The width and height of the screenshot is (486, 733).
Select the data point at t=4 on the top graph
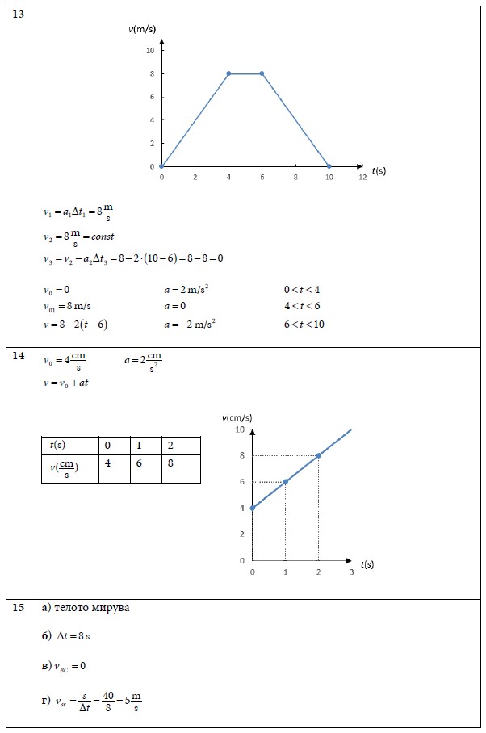point(228,73)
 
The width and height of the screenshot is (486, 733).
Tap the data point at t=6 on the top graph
point(262,73)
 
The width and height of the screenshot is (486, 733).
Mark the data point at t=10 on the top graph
point(329,166)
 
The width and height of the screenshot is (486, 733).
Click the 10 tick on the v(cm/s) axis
point(240,429)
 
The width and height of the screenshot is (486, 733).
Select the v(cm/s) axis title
point(237,417)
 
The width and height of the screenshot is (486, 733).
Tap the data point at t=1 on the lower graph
point(285,482)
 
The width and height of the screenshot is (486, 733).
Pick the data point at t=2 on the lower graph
point(319,455)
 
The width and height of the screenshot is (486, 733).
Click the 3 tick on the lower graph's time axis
point(351,572)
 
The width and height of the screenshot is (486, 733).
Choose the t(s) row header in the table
point(58,445)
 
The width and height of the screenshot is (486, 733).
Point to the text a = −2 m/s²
point(190,325)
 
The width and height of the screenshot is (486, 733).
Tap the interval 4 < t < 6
point(302,307)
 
